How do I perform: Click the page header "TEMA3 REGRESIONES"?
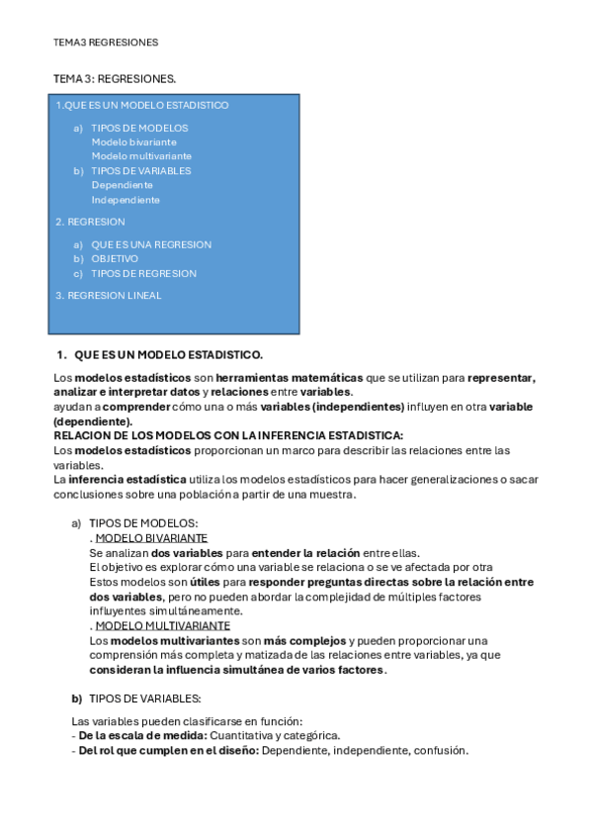(106, 43)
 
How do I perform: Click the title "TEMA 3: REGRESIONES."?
(115, 77)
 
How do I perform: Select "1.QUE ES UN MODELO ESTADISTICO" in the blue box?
(141, 105)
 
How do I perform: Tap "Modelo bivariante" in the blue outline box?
(134, 141)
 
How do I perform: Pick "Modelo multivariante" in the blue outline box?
(141, 156)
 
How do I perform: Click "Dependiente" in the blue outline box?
(122, 185)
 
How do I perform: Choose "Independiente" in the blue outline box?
(126, 200)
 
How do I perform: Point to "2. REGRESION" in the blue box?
(90, 222)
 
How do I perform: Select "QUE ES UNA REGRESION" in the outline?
(151, 244)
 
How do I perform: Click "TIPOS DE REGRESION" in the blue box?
(143, 273)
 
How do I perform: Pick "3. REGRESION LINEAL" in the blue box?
(108, 295)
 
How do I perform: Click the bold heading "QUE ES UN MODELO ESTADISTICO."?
(168, 354)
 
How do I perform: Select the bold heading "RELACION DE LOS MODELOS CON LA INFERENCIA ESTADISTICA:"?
(228, 435)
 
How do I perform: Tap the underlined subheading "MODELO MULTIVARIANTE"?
(162, 625)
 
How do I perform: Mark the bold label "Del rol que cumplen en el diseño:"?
(169, 750)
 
